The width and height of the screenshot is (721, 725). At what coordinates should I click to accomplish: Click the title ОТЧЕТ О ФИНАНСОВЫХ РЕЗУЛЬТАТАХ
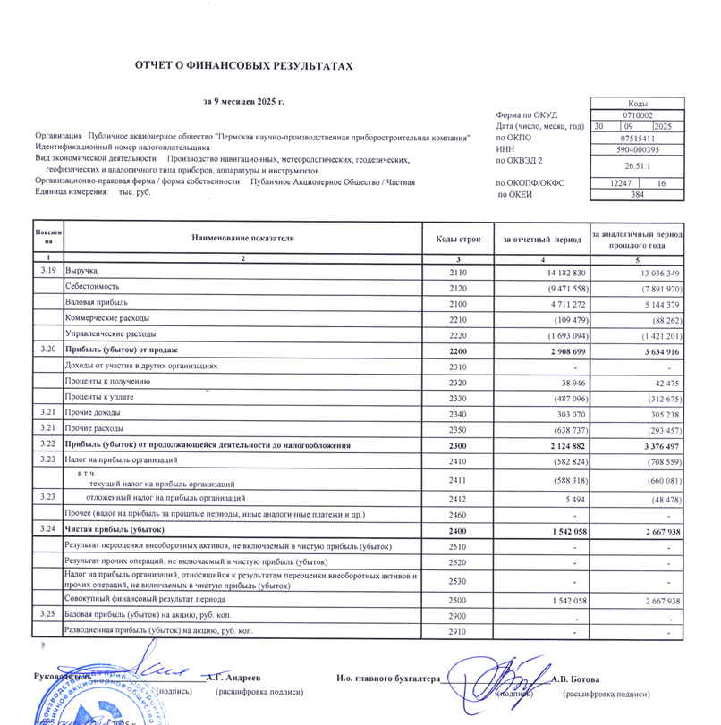pos(237,66)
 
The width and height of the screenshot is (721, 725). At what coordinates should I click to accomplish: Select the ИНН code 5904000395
pos(638,150)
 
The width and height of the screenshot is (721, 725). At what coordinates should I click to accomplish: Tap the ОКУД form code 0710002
pos(638,115)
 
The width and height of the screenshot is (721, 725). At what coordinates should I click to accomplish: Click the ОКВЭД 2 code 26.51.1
pos(638,166)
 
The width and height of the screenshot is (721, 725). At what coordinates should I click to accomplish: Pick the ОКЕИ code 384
pos(638,194)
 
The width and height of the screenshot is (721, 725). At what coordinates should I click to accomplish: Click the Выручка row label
pos(81,270)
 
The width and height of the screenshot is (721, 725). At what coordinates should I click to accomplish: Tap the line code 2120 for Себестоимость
pos(458,288)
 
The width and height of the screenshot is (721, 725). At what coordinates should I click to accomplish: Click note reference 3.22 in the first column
pos(48,443)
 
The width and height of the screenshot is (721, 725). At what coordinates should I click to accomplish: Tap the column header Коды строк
pos(458,239)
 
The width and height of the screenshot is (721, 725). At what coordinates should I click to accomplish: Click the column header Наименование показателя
pos(242,239)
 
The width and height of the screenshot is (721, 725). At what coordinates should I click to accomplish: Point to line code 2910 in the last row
pos(458,631)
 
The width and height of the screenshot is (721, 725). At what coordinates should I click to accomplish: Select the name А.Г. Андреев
pos(234,679)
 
